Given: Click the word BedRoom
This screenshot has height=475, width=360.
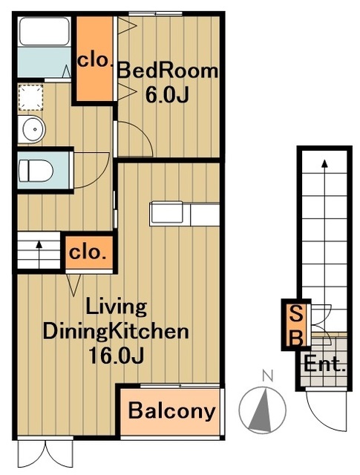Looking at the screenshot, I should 168,71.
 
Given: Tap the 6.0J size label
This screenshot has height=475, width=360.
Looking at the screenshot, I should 169,95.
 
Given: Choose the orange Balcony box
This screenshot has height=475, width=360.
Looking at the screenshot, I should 172,410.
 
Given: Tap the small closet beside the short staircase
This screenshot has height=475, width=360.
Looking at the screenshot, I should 88,252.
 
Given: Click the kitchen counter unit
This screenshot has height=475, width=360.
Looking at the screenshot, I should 185,213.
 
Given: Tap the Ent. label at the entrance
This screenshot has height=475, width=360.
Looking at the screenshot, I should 325,365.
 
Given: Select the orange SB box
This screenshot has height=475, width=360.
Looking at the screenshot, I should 295,324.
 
